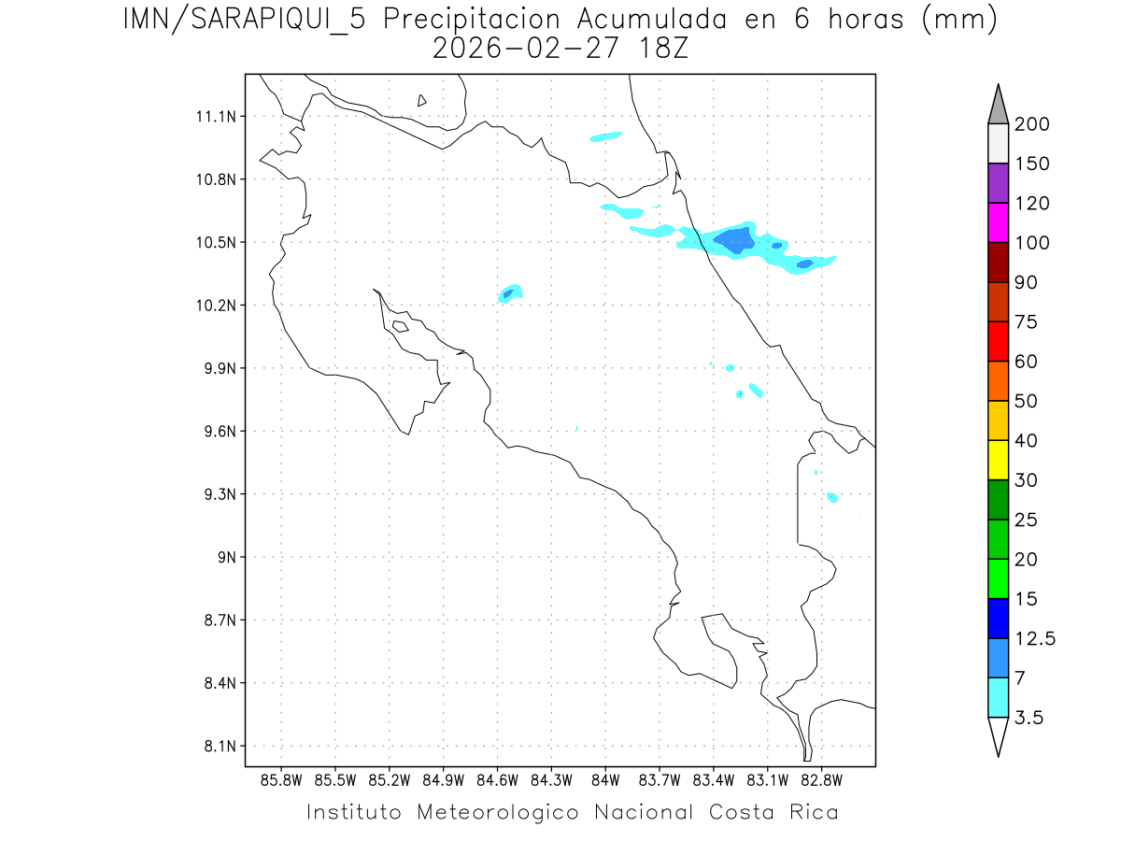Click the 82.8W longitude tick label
tap(821, 780)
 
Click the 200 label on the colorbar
tap(1031, 124)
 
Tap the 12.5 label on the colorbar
tap(1035, 639)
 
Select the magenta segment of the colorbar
tap(998, 222)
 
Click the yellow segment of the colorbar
tap(998, 460)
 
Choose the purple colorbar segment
tap(998, 183)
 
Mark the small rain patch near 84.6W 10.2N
tap(510, 292)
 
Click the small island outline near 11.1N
tap(422, 100)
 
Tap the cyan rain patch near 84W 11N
tap(605, 136)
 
